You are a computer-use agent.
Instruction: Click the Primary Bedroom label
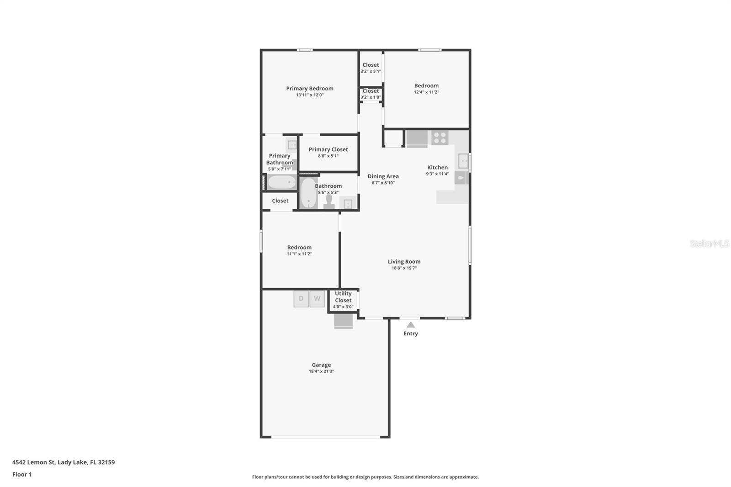point(310,89)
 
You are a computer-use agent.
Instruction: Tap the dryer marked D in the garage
point(301,299)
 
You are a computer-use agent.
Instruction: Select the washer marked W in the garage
point(317,299)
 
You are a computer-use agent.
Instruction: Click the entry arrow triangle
point(411,325)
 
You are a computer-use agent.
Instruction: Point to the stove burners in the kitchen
point(440,138)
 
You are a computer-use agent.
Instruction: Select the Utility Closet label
point(343,297)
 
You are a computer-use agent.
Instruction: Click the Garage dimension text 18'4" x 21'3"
point(321,371)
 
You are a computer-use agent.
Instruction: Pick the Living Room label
point(404,262)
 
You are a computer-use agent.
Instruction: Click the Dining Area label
point(383,176)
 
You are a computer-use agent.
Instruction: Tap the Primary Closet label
point(328,149)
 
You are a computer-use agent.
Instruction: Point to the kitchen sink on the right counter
point(463,161)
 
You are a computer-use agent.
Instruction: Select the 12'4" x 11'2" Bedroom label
point(426,86)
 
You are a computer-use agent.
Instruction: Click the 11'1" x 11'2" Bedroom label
point(299,248)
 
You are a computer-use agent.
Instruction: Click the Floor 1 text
point(22,474)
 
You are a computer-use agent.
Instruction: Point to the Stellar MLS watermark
point(709,243)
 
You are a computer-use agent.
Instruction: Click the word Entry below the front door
point(411,333)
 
